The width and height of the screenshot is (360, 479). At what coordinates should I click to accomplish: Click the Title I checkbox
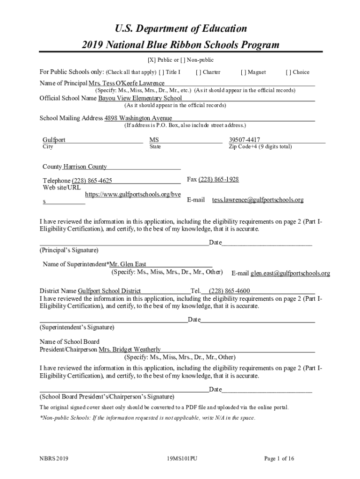tap(161, 73)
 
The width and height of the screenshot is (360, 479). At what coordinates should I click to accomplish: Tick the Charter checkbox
tap(198, 73)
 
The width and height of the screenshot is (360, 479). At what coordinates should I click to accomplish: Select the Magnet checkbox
tap(243, 73)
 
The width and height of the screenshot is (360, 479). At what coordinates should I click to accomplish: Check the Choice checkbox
tap(288, 73)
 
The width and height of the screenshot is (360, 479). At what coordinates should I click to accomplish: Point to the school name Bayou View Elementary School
tap(140, 98)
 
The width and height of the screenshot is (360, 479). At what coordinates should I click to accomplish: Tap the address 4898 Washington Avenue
tap(138, 118)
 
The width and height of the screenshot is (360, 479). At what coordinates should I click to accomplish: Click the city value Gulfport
tap(54, 140)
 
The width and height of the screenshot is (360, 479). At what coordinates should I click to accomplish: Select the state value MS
tap(154, 140)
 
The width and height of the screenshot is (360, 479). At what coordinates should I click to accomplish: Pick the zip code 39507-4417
tap(245, 140)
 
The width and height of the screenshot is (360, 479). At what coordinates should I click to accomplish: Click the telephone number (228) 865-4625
tap(92, 181)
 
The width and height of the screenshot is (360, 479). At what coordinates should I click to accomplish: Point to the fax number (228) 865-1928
tap(219, 180)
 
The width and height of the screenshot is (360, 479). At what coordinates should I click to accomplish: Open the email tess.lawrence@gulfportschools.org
tap(258, 200)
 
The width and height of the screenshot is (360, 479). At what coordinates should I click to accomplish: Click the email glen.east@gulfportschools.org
tap(290, 273)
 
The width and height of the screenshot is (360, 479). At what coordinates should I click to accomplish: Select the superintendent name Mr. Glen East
tap(128, 264)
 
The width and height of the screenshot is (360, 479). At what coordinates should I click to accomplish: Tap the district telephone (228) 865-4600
tap(229, 291)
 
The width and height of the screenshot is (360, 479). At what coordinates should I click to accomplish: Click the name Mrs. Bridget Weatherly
tap(130, 349)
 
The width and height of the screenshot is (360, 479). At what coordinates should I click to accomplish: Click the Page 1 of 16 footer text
tap(279, 459)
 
